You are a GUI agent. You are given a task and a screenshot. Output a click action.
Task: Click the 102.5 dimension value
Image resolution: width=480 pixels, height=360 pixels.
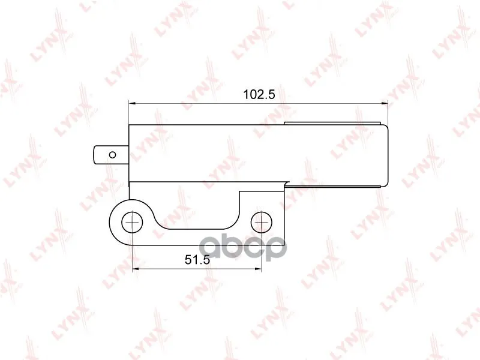259,94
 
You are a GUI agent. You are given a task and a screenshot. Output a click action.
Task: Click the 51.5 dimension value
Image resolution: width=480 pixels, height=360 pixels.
197,260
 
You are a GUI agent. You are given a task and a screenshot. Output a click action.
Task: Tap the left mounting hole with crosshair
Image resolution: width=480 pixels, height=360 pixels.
132,221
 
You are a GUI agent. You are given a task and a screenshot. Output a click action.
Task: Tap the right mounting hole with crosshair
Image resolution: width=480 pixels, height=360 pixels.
262,221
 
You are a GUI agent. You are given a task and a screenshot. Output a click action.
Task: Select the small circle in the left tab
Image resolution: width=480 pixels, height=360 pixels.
112,155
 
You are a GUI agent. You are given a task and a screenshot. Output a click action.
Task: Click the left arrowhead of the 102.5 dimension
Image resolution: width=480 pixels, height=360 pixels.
132,103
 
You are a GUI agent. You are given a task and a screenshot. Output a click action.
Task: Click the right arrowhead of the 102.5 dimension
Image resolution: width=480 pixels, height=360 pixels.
385,103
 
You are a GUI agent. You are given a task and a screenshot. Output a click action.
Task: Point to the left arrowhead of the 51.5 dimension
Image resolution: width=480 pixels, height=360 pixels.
136,269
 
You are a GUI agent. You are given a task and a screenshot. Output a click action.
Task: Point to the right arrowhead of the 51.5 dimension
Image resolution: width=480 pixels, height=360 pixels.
258,269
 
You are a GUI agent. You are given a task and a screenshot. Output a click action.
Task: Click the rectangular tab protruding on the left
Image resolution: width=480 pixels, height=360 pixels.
111,155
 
